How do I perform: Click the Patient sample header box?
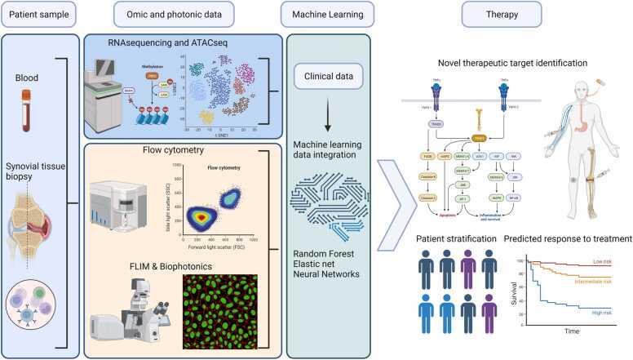(x=39, y=14)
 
